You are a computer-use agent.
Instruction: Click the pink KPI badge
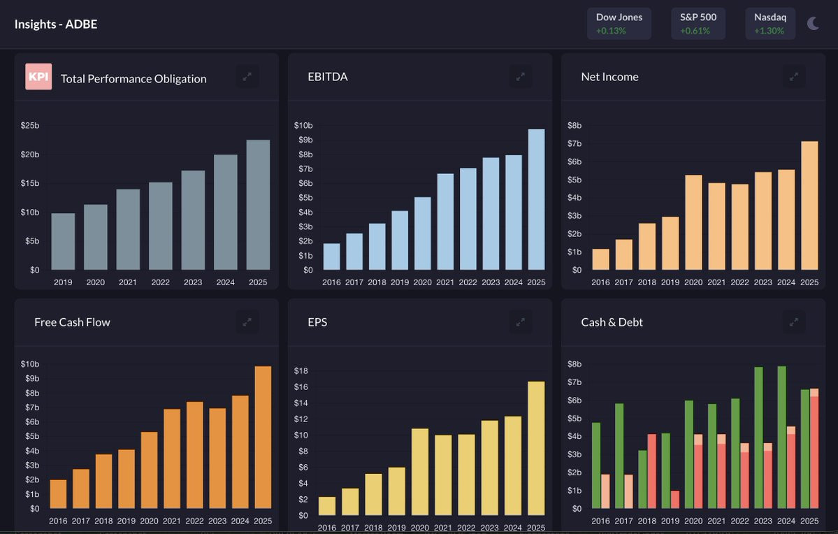38,76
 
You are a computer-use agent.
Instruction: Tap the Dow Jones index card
619,24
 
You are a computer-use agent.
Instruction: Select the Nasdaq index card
770,24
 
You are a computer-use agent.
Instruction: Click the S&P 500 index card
698,24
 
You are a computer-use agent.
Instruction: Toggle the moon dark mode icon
813,24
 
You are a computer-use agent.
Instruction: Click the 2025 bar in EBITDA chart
536,199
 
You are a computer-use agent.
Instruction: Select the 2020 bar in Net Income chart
693,222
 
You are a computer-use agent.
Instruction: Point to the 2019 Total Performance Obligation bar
63,242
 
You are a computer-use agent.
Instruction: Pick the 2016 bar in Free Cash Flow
58,494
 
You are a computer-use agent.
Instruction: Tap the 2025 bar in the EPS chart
536,449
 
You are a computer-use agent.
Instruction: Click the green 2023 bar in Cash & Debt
758,438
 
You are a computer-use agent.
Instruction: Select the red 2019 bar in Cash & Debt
675,499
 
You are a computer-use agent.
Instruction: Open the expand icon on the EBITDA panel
520,76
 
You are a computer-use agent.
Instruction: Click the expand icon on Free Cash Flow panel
247,322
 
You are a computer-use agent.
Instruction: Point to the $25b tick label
30,126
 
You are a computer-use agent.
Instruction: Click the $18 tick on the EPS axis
301,370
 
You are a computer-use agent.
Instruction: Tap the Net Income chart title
609,76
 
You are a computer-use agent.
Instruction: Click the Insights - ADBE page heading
56,24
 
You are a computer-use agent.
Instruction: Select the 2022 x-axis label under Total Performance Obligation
160,282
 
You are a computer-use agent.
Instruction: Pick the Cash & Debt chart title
612,322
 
